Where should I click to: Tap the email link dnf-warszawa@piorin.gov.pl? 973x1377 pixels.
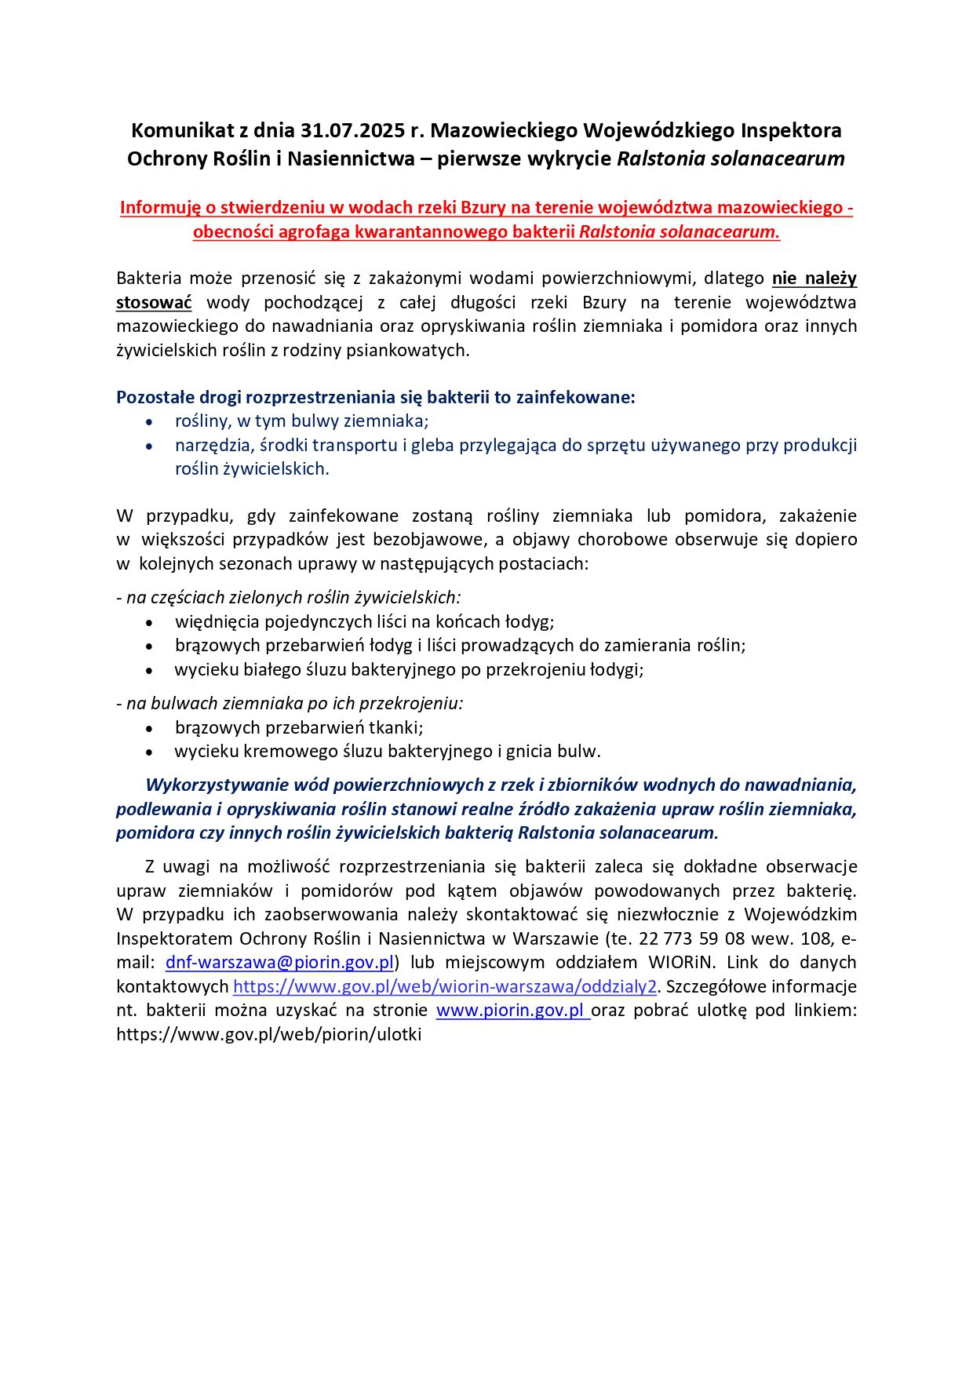[279, 963]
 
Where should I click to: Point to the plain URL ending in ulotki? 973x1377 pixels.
[268, 1034]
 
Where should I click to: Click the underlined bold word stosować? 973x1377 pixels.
[154, 303]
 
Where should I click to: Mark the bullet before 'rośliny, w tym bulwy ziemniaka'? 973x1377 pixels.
[150, 422]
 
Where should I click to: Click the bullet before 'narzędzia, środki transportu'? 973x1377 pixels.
[150, 446]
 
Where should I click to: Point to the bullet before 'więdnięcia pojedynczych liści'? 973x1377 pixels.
[150, 623]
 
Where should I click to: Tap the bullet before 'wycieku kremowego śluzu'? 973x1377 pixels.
[150, 752]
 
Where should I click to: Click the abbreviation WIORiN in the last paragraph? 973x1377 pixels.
[682, 963]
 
